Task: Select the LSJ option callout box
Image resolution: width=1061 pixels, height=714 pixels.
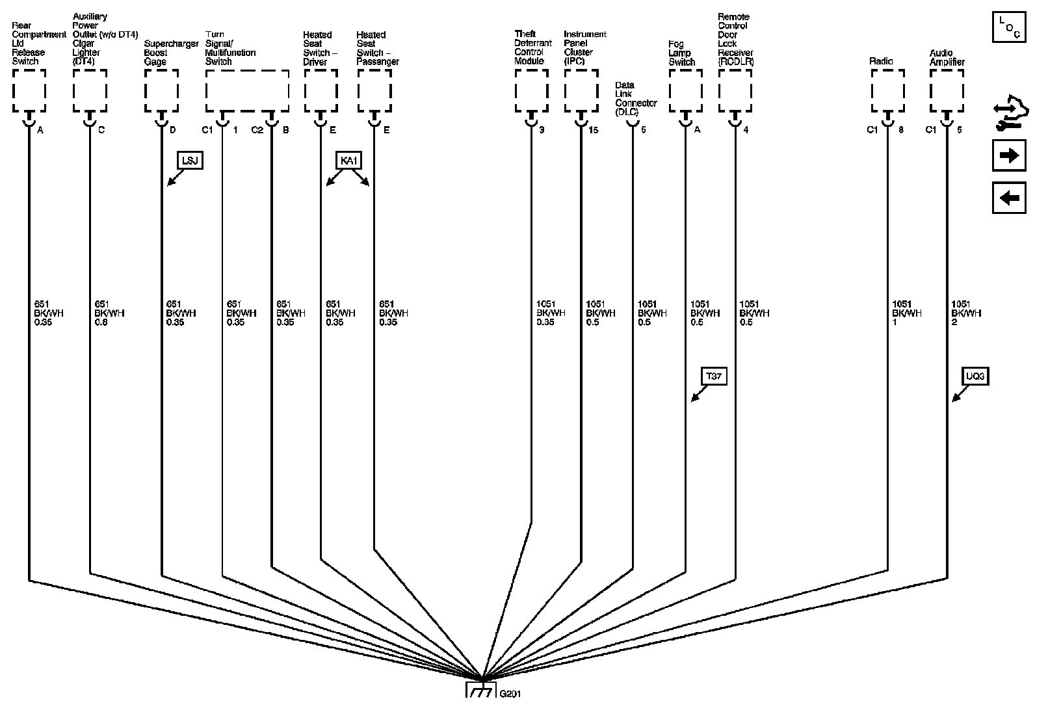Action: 190,160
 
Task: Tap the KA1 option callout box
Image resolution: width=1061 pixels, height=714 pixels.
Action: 349,160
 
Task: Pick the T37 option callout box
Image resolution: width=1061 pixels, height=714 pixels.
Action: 714,376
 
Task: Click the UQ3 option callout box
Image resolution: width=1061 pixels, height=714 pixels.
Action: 975,376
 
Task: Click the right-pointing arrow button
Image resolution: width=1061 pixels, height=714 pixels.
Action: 1009,156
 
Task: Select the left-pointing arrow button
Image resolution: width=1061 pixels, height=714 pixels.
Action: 1009,198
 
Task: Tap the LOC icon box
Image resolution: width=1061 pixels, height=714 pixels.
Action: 1009,27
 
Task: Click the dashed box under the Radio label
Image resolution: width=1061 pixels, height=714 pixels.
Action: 887,90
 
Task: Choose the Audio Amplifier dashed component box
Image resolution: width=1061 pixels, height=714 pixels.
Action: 947,90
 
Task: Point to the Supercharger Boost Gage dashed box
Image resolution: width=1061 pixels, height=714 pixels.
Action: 161,90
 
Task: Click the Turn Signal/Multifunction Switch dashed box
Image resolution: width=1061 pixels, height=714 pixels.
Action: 247,90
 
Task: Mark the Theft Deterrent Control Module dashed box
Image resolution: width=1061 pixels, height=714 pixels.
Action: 532,90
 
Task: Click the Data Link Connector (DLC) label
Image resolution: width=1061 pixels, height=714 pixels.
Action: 635,99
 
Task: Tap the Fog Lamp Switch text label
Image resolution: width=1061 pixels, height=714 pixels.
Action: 681,53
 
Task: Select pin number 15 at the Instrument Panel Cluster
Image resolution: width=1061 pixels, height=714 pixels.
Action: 593,130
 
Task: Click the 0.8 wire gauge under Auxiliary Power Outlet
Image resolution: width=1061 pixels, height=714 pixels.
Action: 101,322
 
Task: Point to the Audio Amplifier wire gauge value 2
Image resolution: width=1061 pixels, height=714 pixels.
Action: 954,322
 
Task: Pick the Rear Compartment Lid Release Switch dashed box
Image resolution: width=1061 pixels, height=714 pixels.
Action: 29,90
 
